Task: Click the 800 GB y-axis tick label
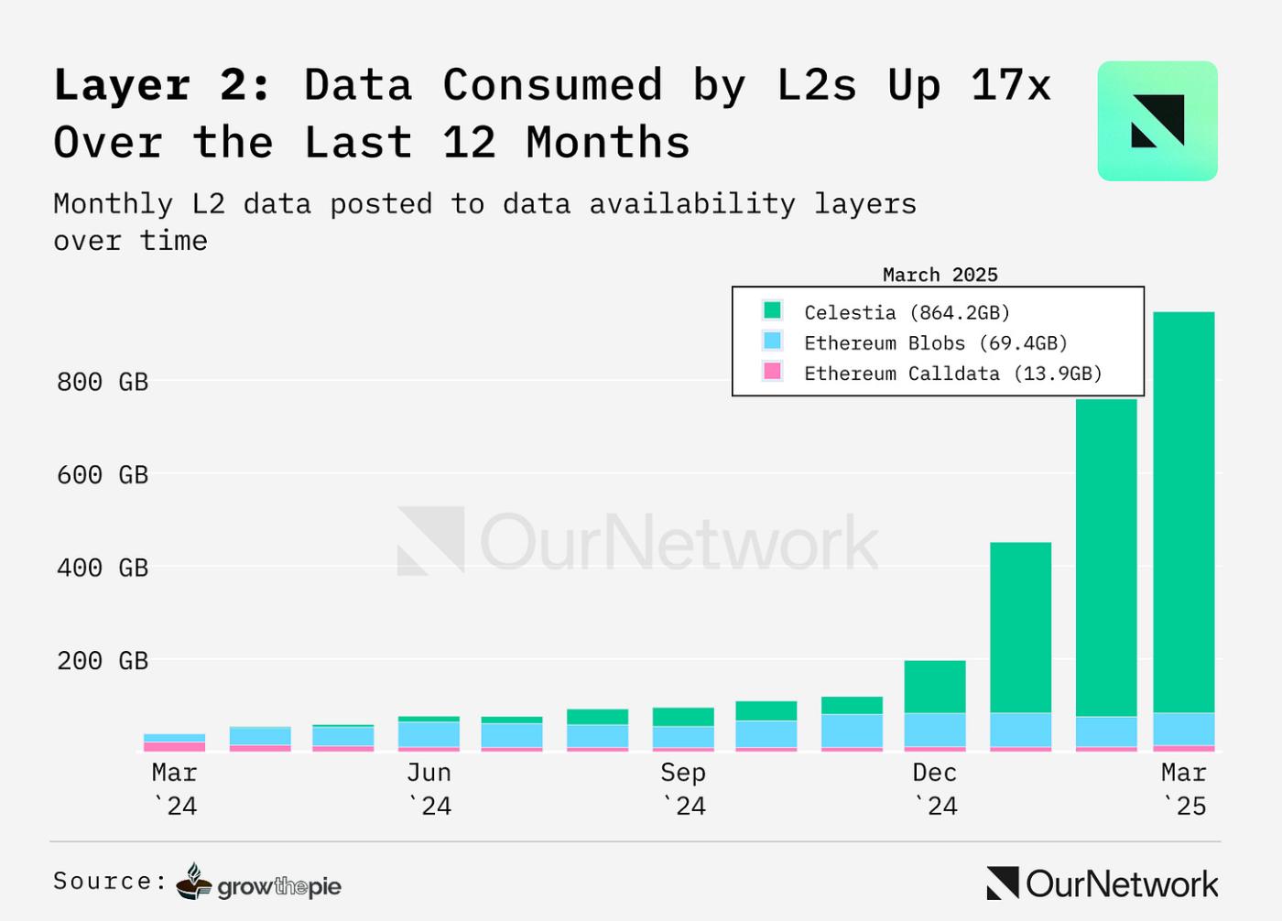103,382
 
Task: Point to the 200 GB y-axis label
103,661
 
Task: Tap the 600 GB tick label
103,475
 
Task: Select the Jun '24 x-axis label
429,789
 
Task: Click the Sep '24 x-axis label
683,789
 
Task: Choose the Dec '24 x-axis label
935,789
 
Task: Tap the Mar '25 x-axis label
1184,789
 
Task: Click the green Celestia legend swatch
772,310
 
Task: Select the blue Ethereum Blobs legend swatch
772,341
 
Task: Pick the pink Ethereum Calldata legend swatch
772,371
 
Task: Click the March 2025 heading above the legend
940,275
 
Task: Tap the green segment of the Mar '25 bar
1183,513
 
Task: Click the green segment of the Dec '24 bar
935,687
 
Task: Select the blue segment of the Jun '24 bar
429,734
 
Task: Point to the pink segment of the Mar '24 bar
174,747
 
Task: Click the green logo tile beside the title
1157,121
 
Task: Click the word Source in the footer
103,882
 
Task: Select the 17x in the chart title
1011,86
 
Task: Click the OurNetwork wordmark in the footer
1103,883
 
